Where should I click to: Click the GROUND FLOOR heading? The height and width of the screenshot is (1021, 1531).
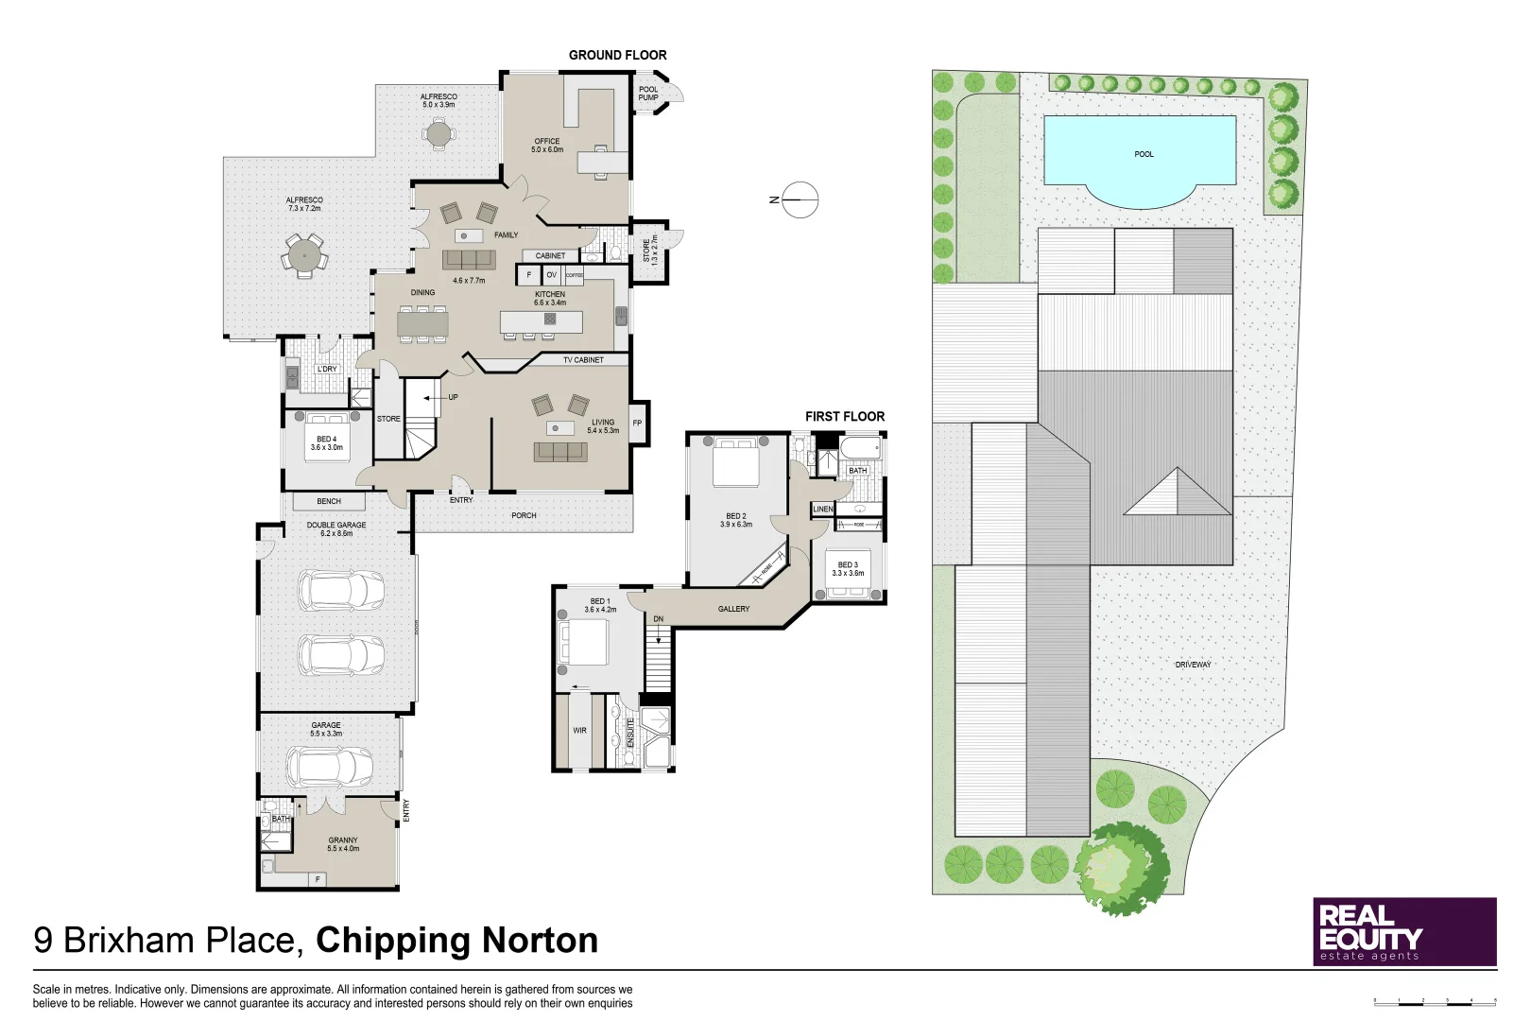(617, 55)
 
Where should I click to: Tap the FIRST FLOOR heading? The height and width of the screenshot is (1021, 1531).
(844, 416)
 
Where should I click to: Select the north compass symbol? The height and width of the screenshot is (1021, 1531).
(799, 199)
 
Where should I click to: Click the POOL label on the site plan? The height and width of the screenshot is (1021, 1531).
(1144, 154)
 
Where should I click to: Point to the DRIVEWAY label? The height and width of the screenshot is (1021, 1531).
(1193, 665)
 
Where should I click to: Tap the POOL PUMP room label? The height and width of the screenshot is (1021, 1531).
(648, 94)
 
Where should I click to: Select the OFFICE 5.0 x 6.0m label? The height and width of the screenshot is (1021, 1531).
(546, 146)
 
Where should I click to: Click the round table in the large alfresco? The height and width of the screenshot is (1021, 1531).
(304, 254)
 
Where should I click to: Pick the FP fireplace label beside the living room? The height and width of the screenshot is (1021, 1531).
(637, 423)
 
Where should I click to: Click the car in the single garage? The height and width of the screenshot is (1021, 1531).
(329, 767)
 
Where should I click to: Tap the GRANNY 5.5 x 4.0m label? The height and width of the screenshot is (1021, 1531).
(343, 844)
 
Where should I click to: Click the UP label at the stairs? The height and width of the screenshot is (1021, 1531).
(453, 397)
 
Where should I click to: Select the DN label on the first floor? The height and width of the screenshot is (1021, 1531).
(659, 619)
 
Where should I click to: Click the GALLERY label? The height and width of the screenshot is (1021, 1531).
(733, 609)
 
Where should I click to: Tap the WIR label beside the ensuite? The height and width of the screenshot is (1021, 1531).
(579, 730)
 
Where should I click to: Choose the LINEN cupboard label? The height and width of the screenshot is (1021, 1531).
(823, 509)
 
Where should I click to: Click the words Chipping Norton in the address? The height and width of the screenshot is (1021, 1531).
(456, 941)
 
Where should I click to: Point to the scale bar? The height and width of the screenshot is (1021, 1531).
(1435, 1000)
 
